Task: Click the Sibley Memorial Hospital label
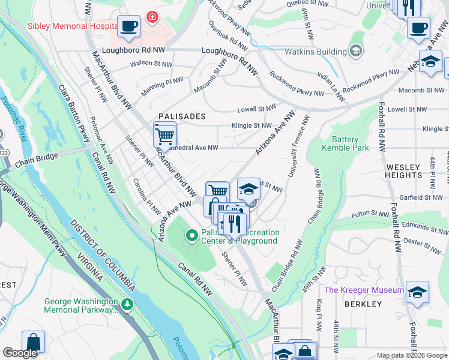pyautogui.click(x=72, y=27)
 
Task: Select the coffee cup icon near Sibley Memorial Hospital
pyautogui.click(x=128, y=26)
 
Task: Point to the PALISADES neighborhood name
pyautogui.click(x=182, y=116)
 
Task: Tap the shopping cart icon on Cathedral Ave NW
pyautogui.click(x=164, y=134)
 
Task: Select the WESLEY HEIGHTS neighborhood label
pyautogui.click(x=412, y=171)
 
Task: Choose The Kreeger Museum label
pyautogui.click(x=364, y=290)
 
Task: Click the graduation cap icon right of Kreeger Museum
pyautogui.click(x=417, y=293)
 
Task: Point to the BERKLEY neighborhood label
pyautogui.click(x=363, y=304)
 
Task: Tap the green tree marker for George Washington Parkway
pyautogui.click(x=127, y=305)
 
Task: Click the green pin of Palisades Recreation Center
pyautogui.click(x=192, y=236)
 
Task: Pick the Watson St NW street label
pyautogui.click(x=150, y=62)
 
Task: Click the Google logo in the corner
pyautogui.click(x=20, y=353)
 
